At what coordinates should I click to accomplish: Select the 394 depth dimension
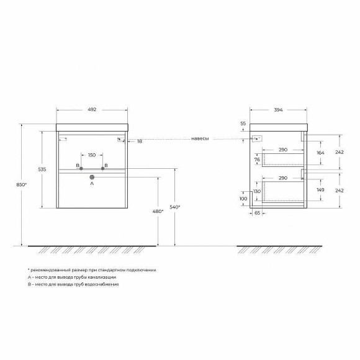[278, 110]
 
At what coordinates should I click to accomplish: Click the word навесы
[199, 139]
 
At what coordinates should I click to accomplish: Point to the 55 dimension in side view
[243, 124]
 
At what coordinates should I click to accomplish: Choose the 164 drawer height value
[320, 153]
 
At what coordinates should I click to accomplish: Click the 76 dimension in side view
[257, 160]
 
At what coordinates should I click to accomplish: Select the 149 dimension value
[320, 191]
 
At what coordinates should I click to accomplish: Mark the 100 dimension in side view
[243, 199]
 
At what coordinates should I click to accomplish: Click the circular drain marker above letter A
[91, 178]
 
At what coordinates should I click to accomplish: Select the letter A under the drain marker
[91, 184]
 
